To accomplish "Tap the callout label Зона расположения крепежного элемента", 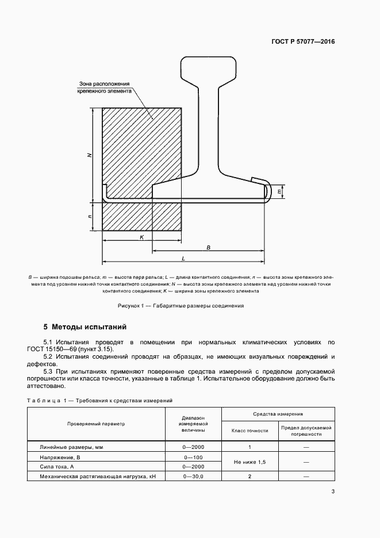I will (x=105, y=87).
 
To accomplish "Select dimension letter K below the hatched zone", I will (x=141, y=237).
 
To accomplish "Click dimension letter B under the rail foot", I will (x=209, y=247).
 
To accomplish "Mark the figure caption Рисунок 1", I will (x=181, y=306).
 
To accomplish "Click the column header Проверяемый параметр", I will (x=95, y=424).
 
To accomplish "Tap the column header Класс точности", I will (x=250, y=430).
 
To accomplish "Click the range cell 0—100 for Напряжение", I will (x=193, y=457).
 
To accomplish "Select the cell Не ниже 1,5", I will (x=250, y=462).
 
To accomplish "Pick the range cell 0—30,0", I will (x=193, y=476).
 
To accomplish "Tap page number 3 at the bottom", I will (x=333, y=491).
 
